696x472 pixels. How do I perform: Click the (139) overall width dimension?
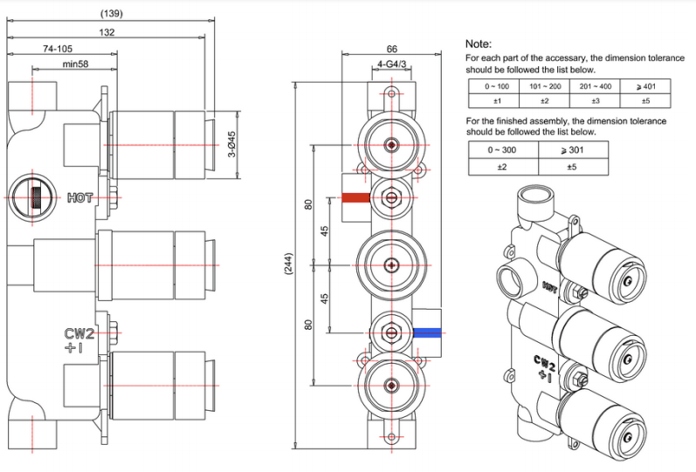pos(111,13)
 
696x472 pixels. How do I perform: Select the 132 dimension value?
pos(107,31)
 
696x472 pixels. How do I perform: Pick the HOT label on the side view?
pos(79,198)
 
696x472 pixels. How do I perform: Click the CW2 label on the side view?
pos(79,333)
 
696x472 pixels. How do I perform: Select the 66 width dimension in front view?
pos(392,49)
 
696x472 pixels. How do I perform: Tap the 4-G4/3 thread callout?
pos(389,64)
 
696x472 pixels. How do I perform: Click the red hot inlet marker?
pos(356,197)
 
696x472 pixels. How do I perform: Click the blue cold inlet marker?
pos(427,332)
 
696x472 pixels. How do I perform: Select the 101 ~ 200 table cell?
pos(545,86)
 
